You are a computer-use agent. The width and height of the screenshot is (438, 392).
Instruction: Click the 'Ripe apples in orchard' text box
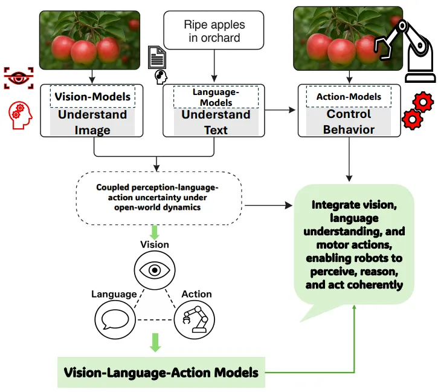[x=214, y=30]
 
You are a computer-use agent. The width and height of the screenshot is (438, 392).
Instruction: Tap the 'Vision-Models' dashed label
[x=92, y=97]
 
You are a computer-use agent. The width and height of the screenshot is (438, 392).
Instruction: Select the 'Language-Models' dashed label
[x=216, y=97]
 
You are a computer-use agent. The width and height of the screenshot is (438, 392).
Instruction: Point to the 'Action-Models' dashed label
[x=349, y=97]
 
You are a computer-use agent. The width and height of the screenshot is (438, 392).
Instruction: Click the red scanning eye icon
[x=19, y=78]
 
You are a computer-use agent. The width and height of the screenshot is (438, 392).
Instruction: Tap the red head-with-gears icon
[x=20, y=116]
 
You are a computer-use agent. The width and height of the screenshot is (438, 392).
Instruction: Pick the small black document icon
[x=157, y=57]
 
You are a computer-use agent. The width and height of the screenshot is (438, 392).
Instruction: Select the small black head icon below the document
[x=161, y=77]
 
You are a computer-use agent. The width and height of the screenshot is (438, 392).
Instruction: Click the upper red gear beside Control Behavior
[x=423, y=102]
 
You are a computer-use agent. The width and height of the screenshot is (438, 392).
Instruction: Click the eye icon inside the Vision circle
[x=155, y=270]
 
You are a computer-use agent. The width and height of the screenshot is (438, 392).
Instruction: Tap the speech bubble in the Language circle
[x=115, y=319]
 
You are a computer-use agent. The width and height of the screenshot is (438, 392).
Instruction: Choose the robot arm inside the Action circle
[x=195, y=319]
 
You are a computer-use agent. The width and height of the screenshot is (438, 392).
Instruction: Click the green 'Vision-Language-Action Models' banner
[x=161, y=373]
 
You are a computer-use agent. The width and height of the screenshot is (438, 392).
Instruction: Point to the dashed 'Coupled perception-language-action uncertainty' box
[x=159, y=198]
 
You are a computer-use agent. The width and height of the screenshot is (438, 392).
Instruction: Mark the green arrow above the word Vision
[x=155, y=232]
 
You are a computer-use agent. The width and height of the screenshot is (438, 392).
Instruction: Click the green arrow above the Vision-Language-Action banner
[x=155, y=342]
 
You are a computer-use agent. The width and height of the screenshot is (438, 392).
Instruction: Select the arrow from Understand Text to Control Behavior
[x=280, y=110]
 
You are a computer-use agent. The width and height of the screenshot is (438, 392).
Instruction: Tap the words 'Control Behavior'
[x=349, y=122]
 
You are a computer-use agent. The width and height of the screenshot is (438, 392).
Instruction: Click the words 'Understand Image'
[x=92, y=122]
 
